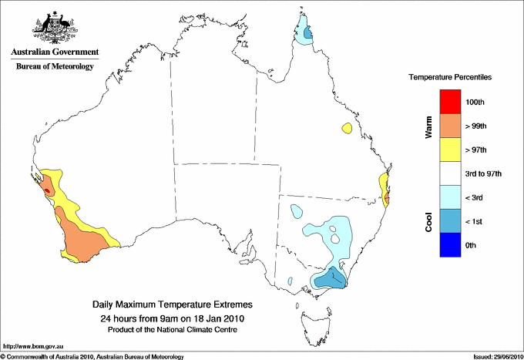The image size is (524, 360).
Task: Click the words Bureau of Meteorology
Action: (x=54, y=67)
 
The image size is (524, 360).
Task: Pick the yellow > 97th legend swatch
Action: (x=449, y=150)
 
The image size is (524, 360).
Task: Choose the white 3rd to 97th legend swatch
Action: (x=449, y=173)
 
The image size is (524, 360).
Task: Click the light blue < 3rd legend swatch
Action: (x=449, y=197)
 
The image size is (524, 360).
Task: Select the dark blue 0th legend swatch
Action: (x=449, y=245)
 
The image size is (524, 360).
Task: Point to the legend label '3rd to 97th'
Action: (x=485, y=174)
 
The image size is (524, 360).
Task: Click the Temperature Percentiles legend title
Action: (x=450, y=78)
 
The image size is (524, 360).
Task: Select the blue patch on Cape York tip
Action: (x=307, y=34)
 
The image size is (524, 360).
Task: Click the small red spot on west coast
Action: (x=47, y=188)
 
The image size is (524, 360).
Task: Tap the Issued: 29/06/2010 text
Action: (x=492, y=356)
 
